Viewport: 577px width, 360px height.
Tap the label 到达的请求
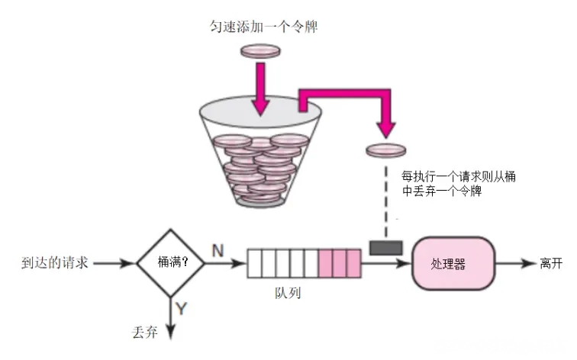click(56, 264)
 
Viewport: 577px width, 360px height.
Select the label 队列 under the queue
click(288, 293)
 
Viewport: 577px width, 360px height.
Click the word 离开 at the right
click(551, 264)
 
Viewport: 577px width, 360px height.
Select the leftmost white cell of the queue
click(254, 265)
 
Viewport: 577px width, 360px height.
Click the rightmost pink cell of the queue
click(353, 265)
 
